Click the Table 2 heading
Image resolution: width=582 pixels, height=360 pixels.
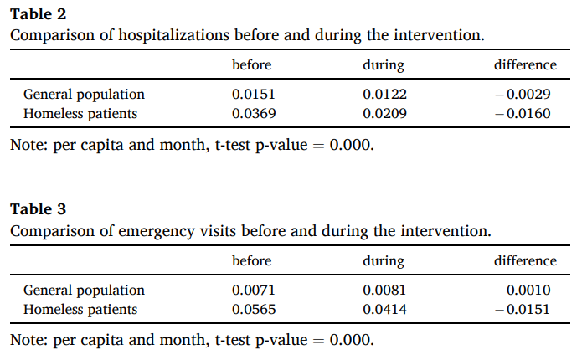[38, 14]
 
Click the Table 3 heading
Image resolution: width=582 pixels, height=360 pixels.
[38, 209]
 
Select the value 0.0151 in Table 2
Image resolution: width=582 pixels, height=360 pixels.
[254, 94]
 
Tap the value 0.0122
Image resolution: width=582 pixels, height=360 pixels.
[384, 94]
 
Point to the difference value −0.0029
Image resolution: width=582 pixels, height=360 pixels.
[523, 94]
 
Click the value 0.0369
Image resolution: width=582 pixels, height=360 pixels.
[254, 113]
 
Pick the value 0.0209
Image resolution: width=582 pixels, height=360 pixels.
[384, 113]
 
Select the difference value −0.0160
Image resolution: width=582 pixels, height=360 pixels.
[523, 113]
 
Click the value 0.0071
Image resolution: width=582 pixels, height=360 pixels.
[254, 290]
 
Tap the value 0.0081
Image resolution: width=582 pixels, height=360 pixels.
[384, 290]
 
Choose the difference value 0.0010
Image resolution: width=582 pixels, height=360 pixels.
[528, 290]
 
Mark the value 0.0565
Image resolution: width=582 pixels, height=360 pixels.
[254, 309]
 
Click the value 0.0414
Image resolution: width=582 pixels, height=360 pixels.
[384, 309]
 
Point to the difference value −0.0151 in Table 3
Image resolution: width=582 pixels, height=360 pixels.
[523, 309]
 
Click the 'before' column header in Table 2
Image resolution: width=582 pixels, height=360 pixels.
[252, 65]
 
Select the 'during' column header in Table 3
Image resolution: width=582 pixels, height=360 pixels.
[384, 262]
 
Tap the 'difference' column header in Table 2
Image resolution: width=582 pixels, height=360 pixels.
[525, 65]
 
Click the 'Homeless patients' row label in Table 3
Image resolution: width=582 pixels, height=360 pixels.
[80, 310]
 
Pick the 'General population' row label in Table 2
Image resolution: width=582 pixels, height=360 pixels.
[84, 95]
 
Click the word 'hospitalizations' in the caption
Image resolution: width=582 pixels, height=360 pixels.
[173, 36]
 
